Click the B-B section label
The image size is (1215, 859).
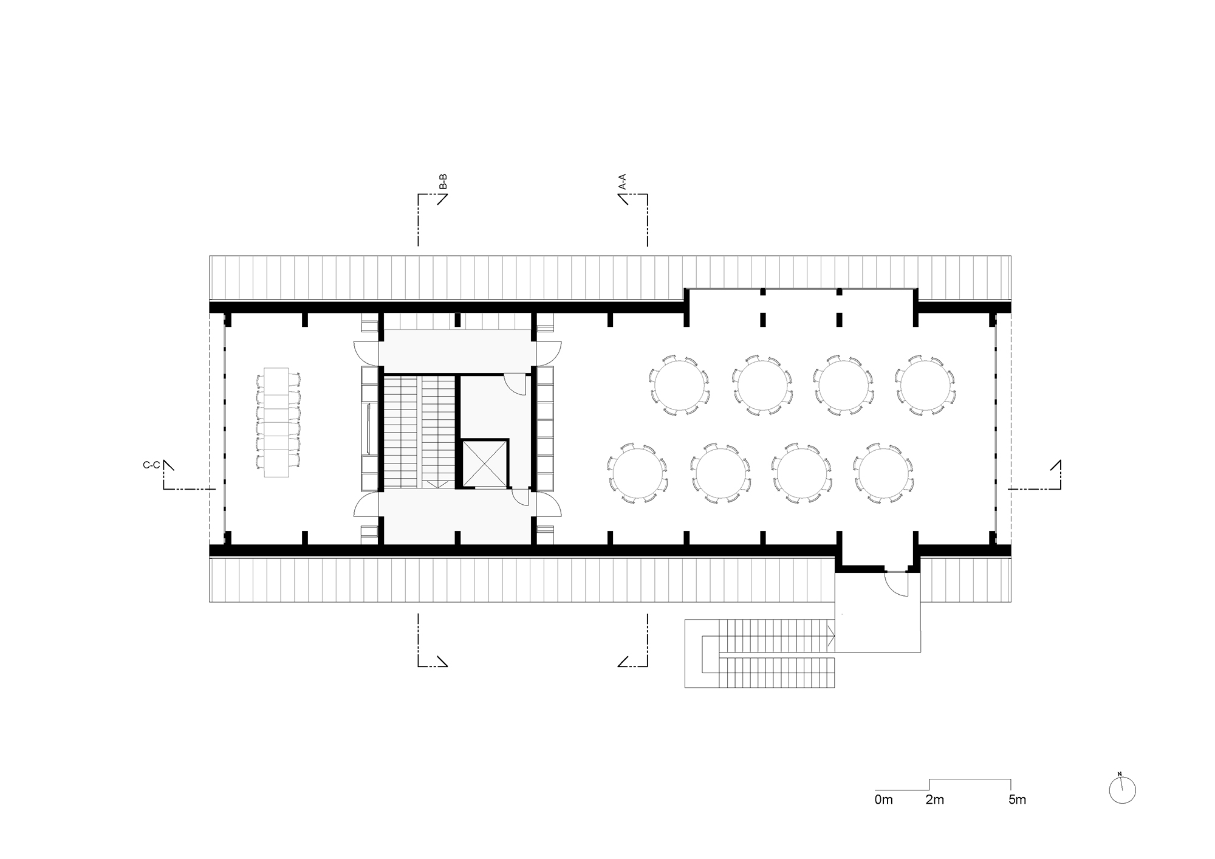[x=443, y=182]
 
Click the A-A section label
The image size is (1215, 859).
[x=621, y=182]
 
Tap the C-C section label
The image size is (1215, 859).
[x=151, y=465]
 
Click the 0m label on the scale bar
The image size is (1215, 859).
[x=884, y=800]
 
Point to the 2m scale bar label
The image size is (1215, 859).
[x=935, y=800]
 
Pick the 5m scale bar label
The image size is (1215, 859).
[x=1017, y=800]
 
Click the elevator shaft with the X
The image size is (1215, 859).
[x=484, y=465]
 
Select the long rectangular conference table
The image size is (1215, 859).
[x=276, y=422]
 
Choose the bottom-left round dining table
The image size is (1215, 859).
[x=637, y=473]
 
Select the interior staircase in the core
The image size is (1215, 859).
[x=419, y=431]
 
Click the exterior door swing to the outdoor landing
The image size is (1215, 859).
[x=895, y=583]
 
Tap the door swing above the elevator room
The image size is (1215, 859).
[x=516, y=383]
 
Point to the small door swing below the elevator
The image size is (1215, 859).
[x=519, y=497]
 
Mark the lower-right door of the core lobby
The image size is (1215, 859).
[x=549, y=504]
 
